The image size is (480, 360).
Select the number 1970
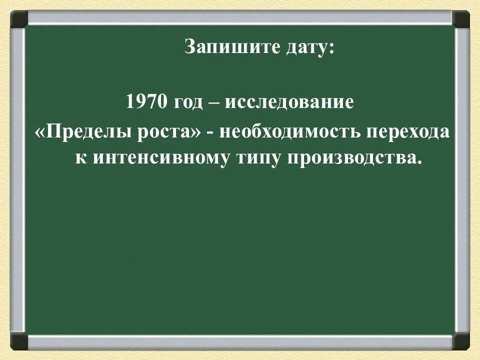tap(145, 102)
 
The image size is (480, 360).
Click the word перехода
tap(408, 132)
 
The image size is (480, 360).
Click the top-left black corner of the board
tap(19, 18)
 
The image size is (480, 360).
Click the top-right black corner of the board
tap(460, 18)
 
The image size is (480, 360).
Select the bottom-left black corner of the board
tap(19, 341)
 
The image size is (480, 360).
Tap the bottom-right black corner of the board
tap(460, 341)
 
